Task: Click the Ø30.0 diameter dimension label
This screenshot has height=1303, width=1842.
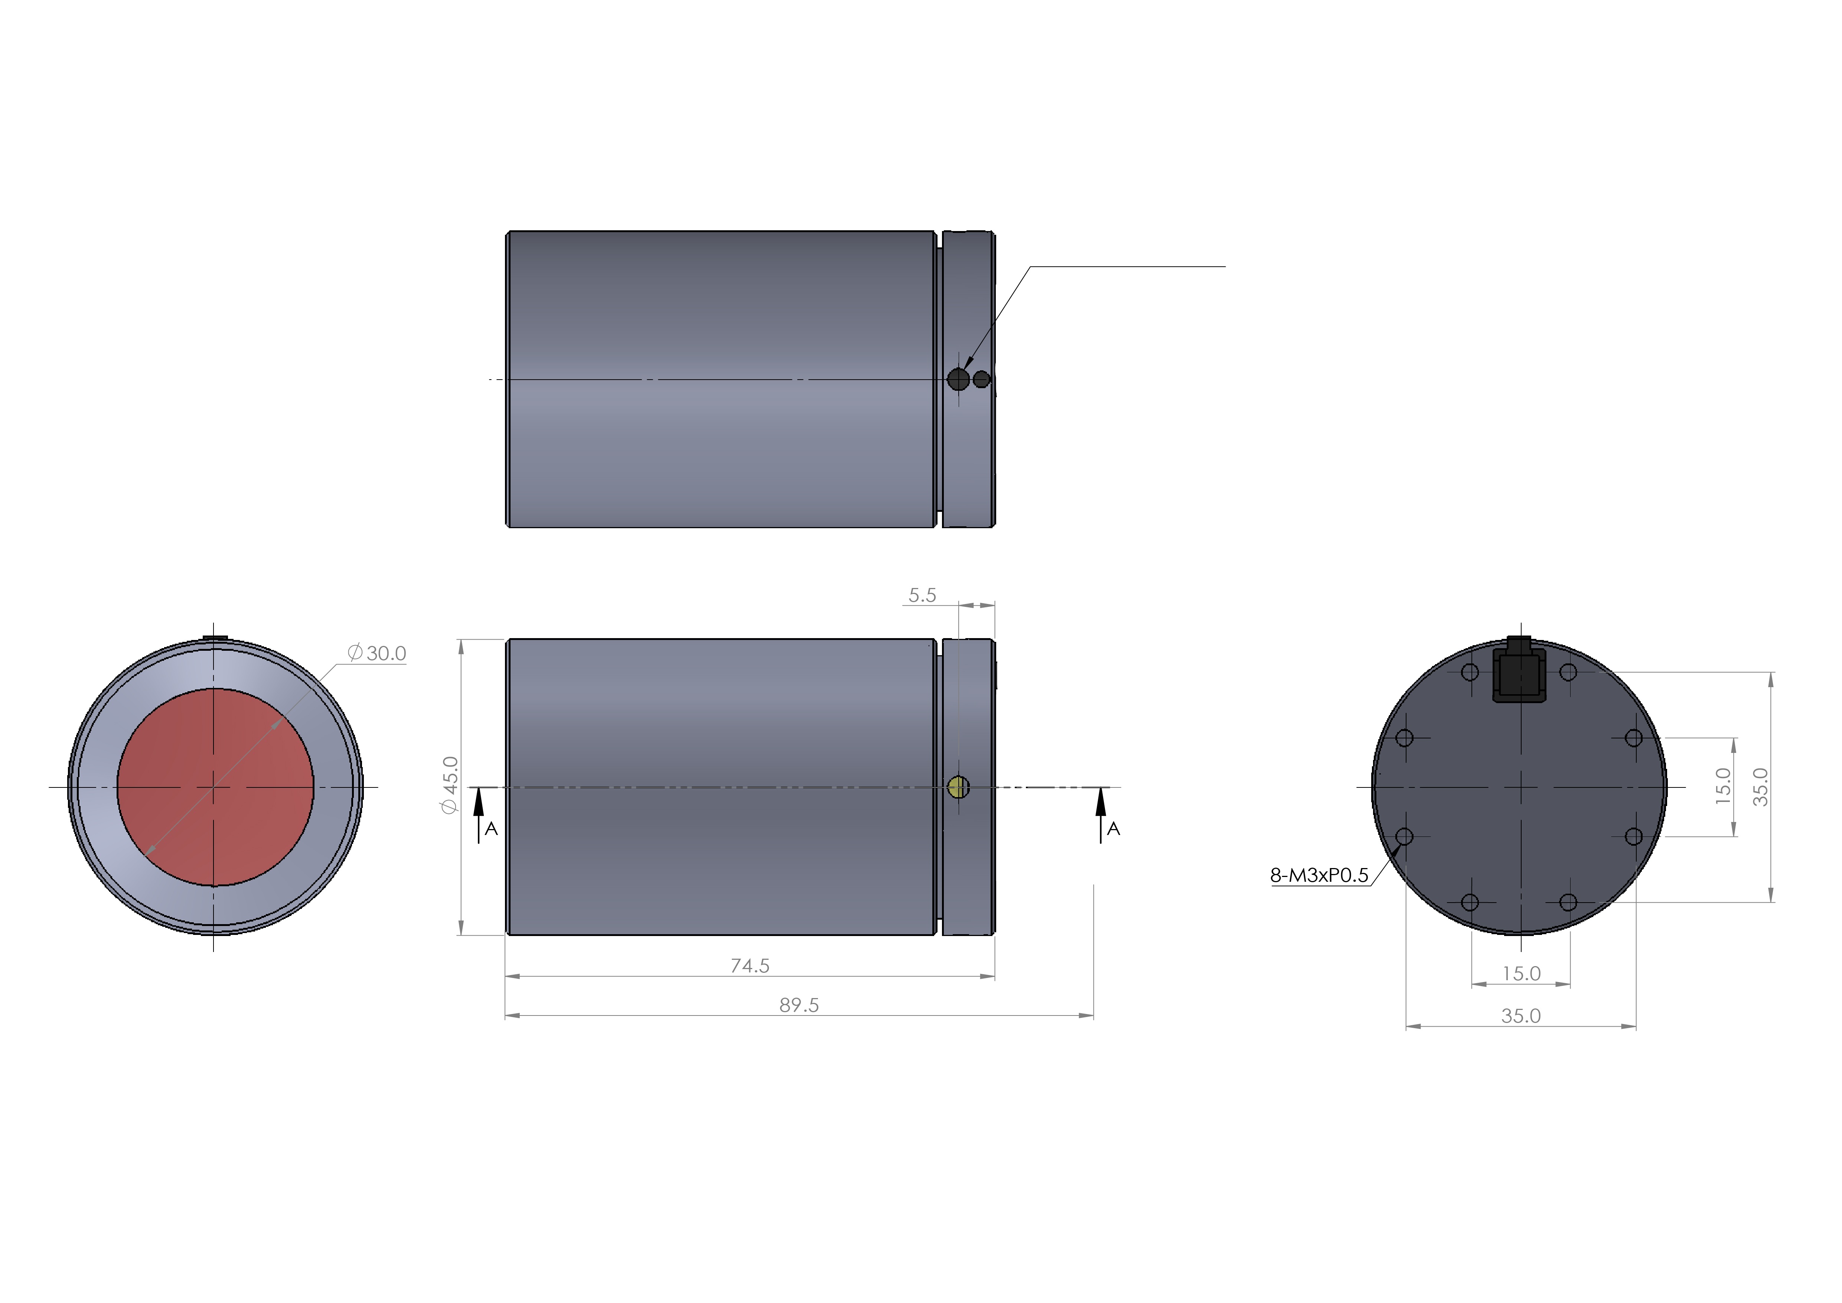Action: tap(377, 653)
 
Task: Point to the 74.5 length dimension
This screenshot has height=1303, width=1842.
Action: tap(749, 966)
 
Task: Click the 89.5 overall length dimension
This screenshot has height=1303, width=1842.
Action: tap(799, 1005)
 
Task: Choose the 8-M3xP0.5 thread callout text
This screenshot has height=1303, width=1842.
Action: tap(1319, 875)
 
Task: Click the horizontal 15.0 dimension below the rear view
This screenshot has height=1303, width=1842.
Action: tap(1521, 974)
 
